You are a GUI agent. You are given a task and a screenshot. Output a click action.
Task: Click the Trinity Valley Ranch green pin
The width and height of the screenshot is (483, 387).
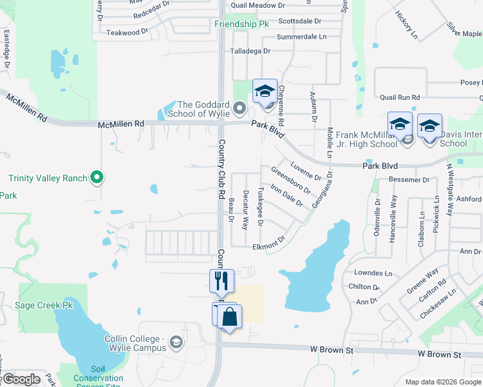pos(96,176)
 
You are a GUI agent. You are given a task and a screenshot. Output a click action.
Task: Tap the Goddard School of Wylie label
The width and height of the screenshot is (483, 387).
pos(203,110)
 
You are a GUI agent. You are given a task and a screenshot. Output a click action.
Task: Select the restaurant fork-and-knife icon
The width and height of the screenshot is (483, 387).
pos(221,281)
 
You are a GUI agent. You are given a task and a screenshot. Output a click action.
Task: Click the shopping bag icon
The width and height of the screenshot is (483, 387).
pos(229,317)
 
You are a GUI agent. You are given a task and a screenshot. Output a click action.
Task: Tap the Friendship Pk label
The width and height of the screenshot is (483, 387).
pos(241,24)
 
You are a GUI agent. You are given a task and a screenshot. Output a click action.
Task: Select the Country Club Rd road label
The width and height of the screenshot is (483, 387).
pos(221,169)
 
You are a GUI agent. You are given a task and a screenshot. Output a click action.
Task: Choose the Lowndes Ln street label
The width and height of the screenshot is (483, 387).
pos(370,273)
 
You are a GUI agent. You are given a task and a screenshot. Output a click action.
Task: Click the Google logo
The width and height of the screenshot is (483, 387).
pos(21,379)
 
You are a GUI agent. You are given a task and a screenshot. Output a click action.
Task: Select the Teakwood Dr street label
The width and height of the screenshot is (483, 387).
pos(123,32)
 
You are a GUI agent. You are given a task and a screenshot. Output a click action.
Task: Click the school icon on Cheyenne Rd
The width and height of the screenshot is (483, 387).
pos(265,92)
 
